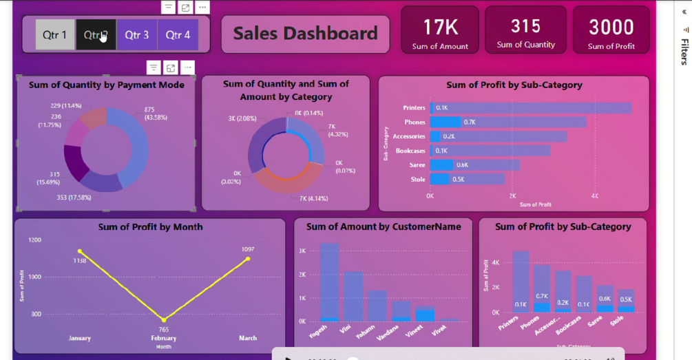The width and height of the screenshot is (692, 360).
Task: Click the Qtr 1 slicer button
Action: click(55, 34)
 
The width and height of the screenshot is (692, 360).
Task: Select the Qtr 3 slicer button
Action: click(136, 34)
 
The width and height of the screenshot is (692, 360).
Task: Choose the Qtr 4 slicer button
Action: click(178, 34)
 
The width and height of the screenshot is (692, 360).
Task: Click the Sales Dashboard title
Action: click(305, 33)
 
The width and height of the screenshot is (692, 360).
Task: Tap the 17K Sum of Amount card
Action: click(440, 30)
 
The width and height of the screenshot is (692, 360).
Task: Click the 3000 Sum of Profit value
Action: click(611, 27)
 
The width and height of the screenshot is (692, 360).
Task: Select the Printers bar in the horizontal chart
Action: click(530, 108)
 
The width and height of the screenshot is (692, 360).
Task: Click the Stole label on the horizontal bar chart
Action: click(418, 180)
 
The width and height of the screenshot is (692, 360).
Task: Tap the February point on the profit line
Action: click(164, 320)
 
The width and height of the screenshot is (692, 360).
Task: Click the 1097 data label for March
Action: click(248, 249)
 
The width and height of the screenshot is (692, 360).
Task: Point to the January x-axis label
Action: click(80, 338)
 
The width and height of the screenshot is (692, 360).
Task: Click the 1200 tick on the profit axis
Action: click(34, 240)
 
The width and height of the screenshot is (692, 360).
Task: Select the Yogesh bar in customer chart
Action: click(329, 282)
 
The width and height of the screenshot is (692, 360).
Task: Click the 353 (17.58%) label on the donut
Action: click(74, 198)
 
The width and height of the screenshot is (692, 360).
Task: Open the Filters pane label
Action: click(684, 52)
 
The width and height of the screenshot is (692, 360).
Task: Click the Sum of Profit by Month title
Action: click(150, 226)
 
